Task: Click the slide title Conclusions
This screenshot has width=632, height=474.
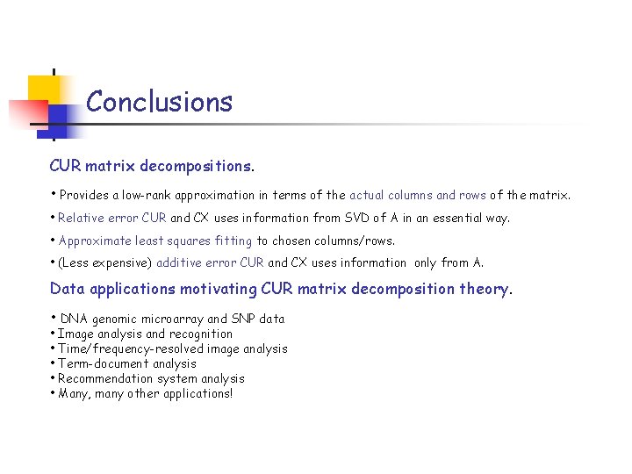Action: pyautogui.click(x=159, y=102)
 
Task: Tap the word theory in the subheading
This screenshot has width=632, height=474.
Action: pyautogui.click(x=486, y=289)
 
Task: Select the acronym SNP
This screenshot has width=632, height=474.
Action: pyautogui.click(x=244, y=319)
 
